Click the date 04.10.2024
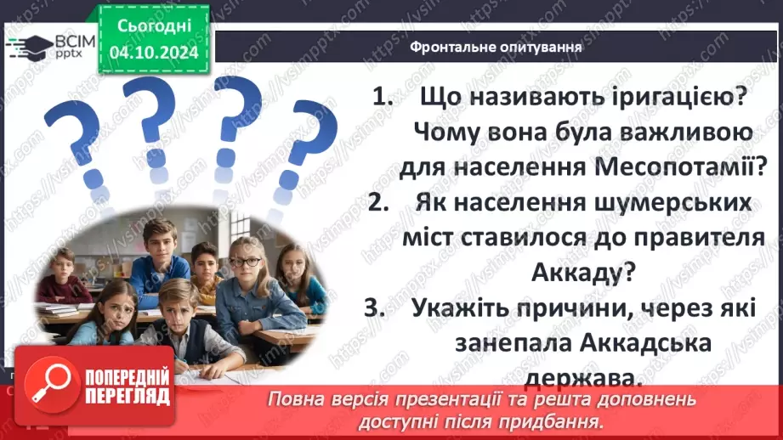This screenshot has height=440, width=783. [153, 52]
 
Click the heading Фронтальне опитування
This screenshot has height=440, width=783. [496, 48]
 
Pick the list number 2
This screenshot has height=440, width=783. [379, 203]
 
